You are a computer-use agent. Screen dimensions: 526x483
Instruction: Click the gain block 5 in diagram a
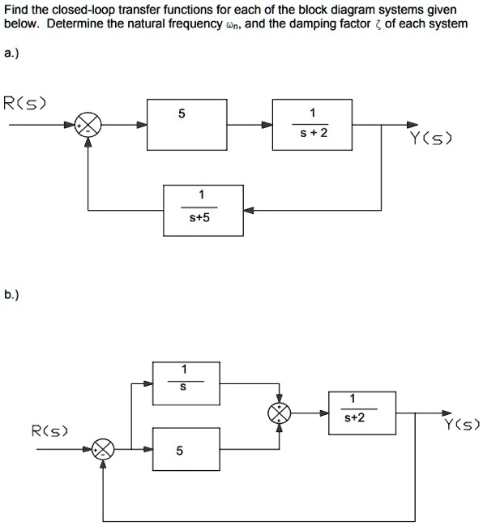(182, 124)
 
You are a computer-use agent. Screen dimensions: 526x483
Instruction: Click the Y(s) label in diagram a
(432, 140)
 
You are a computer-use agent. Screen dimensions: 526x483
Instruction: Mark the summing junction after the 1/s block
(280, 413)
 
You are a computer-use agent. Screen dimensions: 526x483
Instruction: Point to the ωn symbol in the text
(233, 25)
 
